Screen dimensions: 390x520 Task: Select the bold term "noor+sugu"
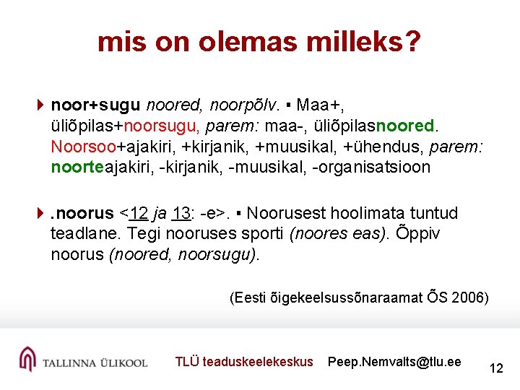(x=95, y=105)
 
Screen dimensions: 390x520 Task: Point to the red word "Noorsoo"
(x=84, y=147)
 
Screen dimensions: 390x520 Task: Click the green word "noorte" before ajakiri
(x=73, y=168)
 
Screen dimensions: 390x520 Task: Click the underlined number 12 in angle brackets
(x=139, y=213)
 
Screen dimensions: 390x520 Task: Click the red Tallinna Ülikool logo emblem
(x=27, y=359)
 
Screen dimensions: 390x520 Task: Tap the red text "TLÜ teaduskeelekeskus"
(x=244, y=362)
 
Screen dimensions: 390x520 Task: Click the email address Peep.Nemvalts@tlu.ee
(x=394, y=362)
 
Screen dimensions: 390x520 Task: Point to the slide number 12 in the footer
(x=495, y=368)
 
